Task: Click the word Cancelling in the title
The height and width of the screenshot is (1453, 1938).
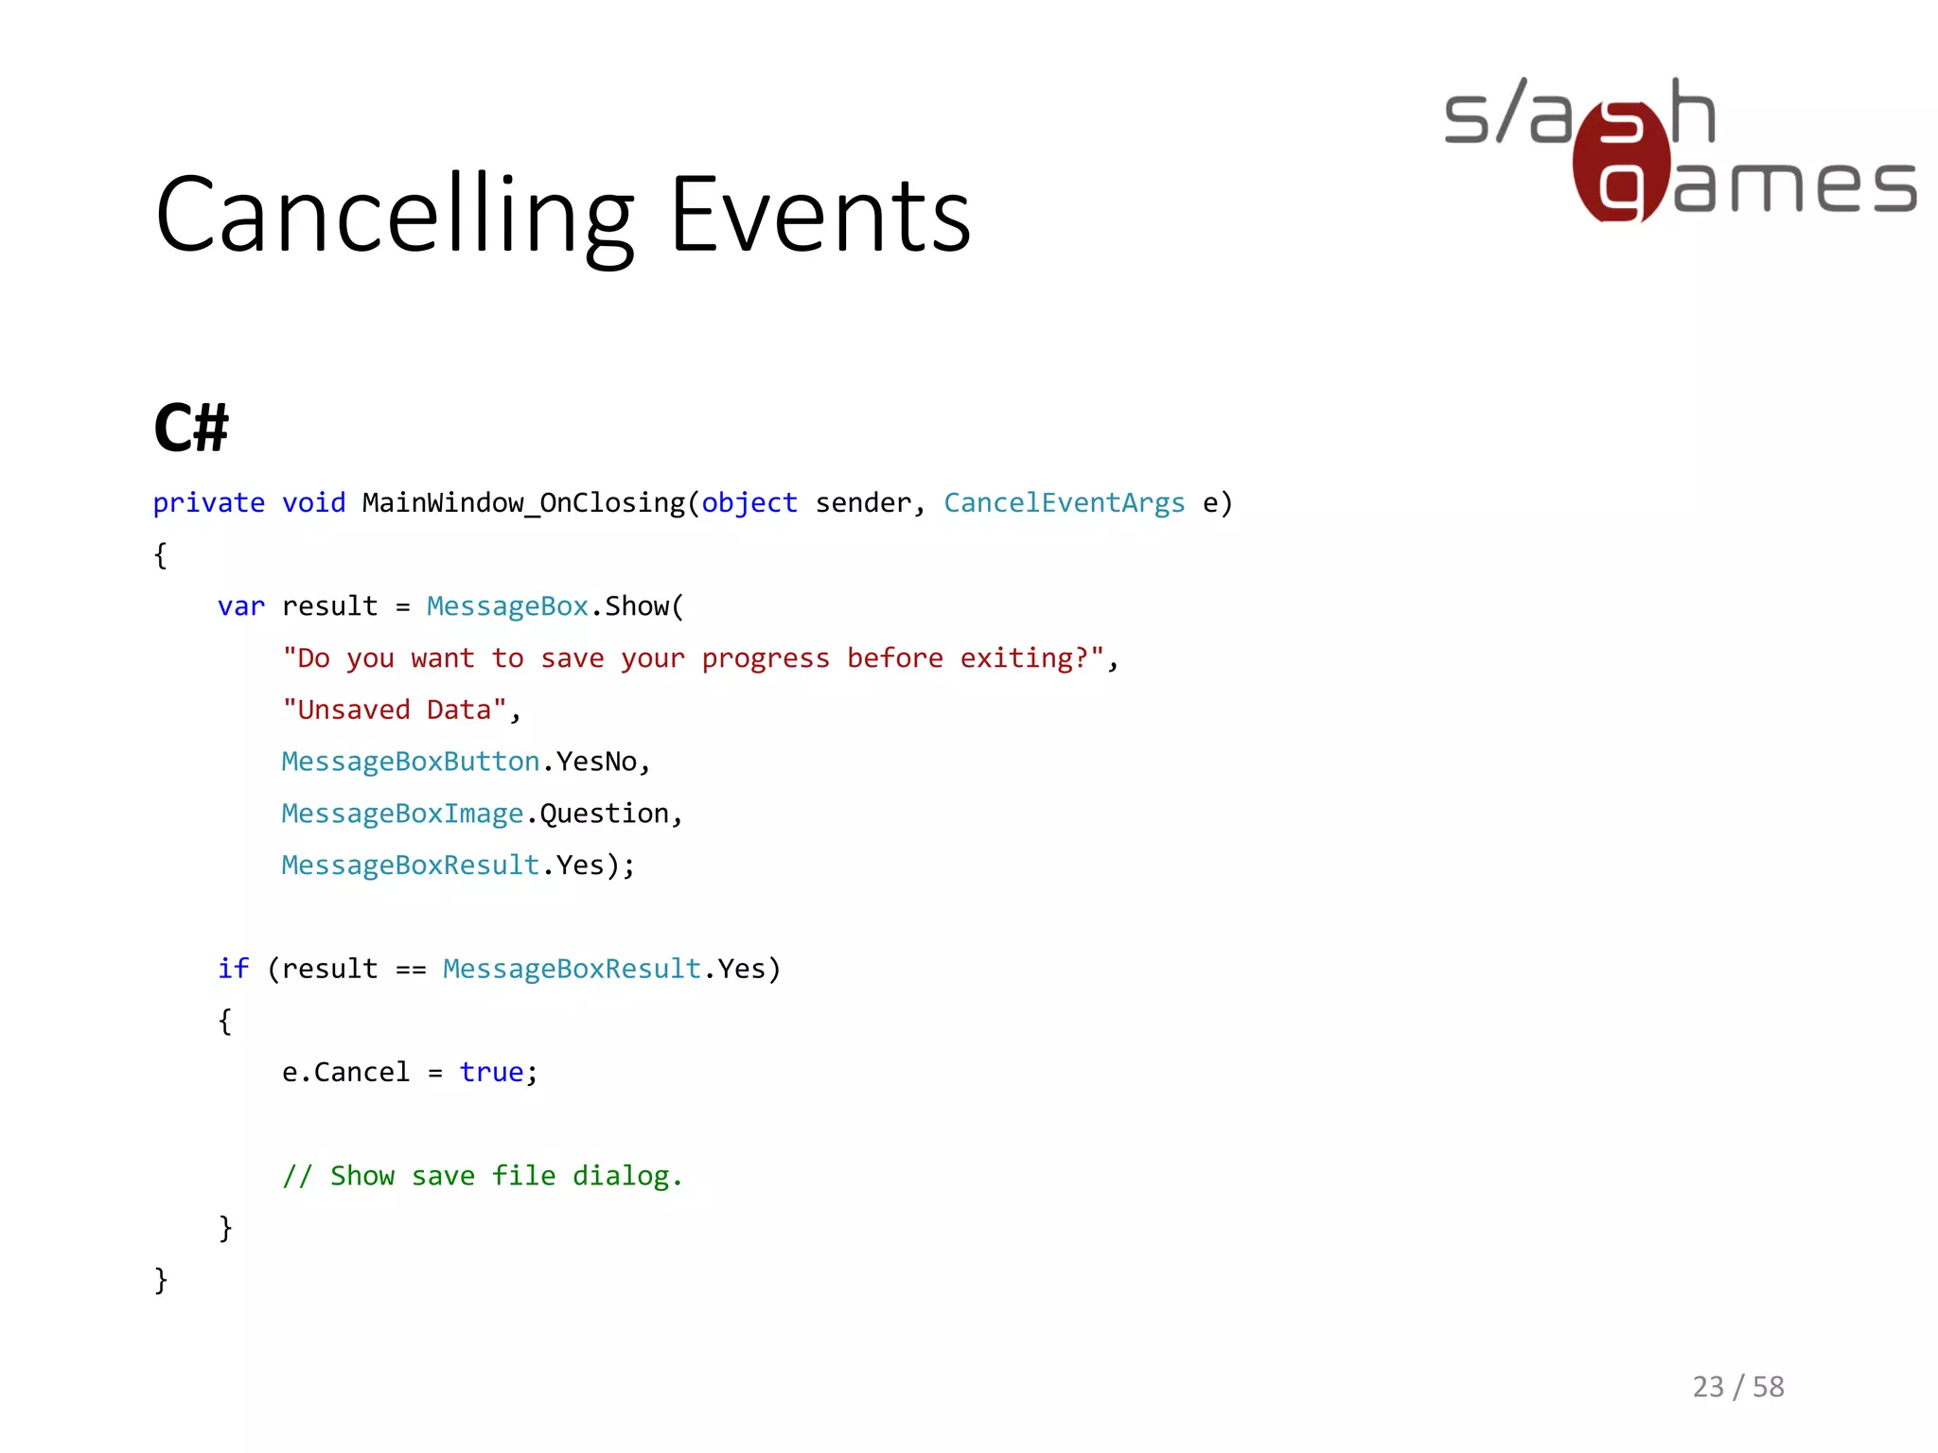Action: point(395,216)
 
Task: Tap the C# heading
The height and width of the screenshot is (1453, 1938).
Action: point(191,428)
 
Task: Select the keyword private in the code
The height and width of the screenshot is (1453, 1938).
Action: point(208,503)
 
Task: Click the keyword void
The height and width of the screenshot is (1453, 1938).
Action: point(314,503)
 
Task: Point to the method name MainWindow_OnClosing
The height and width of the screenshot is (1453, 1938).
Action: point(523,503)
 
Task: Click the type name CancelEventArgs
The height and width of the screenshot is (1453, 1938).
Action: point(1064,503)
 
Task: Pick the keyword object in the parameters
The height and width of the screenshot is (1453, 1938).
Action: point(749,503)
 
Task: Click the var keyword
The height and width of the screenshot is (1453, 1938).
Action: point(241,606)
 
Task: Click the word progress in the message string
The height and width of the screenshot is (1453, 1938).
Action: point(766,658)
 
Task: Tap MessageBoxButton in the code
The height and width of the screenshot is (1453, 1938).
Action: point(411,762)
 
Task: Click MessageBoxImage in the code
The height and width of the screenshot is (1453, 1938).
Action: point(402,814)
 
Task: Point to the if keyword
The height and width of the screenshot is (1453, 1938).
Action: point(233,969)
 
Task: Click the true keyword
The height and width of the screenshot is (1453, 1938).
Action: point(491,1072)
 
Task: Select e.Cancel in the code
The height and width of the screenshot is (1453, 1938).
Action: point(345,1072)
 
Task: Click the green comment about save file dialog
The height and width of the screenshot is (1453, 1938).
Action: point(483,1176)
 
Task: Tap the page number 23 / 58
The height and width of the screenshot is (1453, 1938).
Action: point(1738,1387)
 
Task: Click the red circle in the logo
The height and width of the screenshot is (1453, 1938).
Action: point(1620,161)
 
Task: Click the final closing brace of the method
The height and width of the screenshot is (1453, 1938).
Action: point(161,1280)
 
